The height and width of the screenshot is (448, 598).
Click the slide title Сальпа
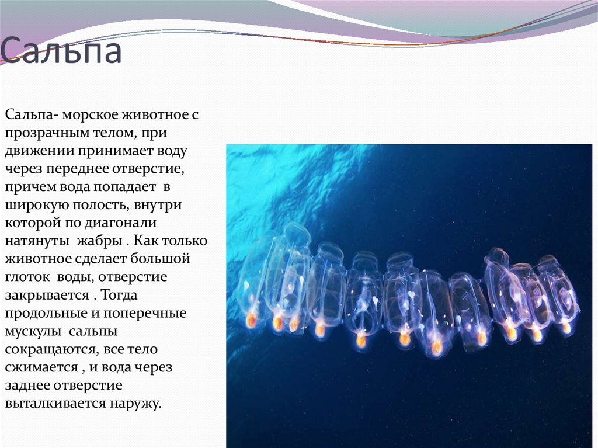61,52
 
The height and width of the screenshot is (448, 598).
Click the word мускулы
34,332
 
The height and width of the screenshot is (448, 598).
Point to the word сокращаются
51,350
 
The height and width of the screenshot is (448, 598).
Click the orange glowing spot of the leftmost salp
251,320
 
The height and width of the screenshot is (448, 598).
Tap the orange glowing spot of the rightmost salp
566,328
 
